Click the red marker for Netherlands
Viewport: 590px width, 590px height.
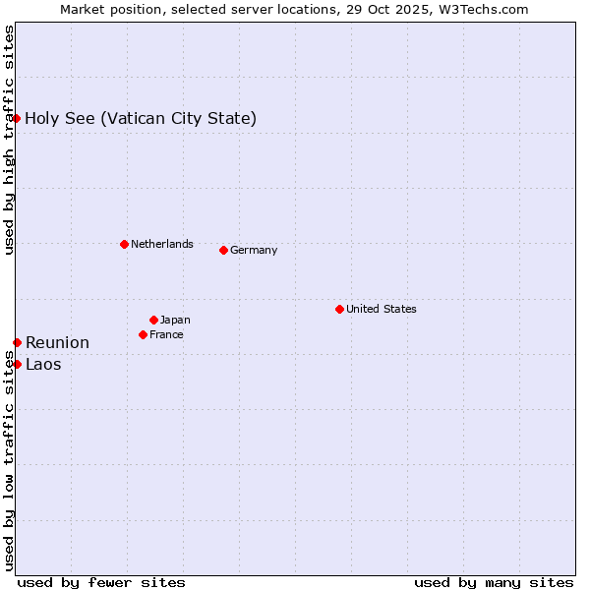[x=124, y=244]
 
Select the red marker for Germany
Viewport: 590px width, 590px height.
[x=223, y=250]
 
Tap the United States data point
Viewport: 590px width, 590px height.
[x=339, y=309]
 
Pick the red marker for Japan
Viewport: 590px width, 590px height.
[x=153, y=320]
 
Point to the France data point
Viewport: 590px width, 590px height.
[x=143, y=334]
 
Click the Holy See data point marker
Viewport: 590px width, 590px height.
[x=17, y=118]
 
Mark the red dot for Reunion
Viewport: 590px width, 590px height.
[x=17, y=342]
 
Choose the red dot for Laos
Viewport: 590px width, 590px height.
[x=17, y=364]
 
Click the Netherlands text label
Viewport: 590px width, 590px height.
[x=161, y=244]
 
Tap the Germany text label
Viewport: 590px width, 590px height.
[x=254, y=250]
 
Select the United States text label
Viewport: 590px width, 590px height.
[x=381, y=309]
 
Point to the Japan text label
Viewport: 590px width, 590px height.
[x=175, y=320]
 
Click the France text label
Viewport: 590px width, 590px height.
[x=166, y=334]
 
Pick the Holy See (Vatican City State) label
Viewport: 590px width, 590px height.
[x=141, y=119]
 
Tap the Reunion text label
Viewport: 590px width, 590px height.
[x=57, y=342]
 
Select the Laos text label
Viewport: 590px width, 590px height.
[x=43, y=364]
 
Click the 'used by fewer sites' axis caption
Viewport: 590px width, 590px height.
[x=101, y=582]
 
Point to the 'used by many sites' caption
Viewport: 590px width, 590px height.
[x=494, y=582]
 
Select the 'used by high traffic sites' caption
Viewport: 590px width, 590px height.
[x=9, y=140]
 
